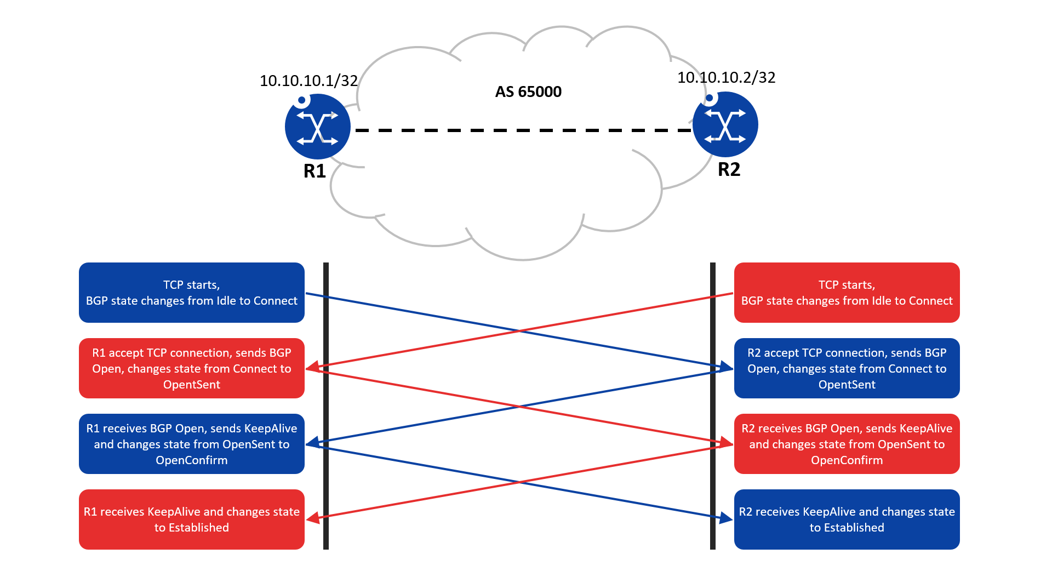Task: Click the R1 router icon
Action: (x=318, y=127)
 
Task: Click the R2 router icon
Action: (x=725, y=124)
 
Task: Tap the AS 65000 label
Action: (x=528, y=92)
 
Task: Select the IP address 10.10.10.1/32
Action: (x=308, y=81)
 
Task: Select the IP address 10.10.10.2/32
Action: (x=727, y=77)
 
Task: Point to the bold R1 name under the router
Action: (x=315, y=171)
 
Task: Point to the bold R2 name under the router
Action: (x=729, y=169)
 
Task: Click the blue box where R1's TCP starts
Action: (x=192, y=293)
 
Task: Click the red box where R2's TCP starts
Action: (x=847, y=293)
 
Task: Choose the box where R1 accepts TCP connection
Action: (x=192, y=368)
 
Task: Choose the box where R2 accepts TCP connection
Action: (x=847, y=368)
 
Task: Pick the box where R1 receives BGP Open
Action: (x=192, y=444)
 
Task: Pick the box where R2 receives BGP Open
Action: (x=847, y=444)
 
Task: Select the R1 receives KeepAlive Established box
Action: (x=192, y=519)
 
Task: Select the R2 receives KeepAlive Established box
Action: (x=847, y=519)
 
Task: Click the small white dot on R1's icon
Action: (x=301, y=100)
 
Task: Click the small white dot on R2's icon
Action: (x=710, y=98)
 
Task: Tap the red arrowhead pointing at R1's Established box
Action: (x=312, y=518)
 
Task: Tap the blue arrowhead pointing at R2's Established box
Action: (x=727, y=518)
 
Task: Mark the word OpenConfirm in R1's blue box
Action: (x=192, y=460)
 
